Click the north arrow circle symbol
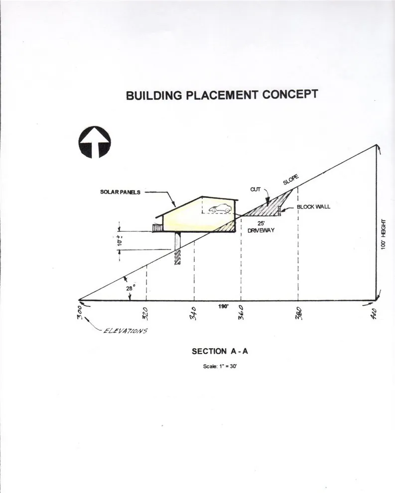(x=95, y=142)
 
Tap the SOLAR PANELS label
(x=120, y=192)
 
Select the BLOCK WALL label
(x=313, y=206)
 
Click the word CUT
(x=255, y=189)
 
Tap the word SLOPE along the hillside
(x=290, y=180)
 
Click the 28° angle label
(x=131, y=288)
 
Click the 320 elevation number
(x=146, y=313)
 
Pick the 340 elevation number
(x=193, y=313)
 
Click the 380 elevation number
(x=299, y=313)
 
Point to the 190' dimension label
(x=223, y=306)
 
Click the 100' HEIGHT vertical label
(x=383, y=234)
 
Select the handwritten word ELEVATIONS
(x=125, y=331)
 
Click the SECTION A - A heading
(x=220, y=351)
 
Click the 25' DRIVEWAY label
(x=261, y=227)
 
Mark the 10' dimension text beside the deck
(x=120, y=241)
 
